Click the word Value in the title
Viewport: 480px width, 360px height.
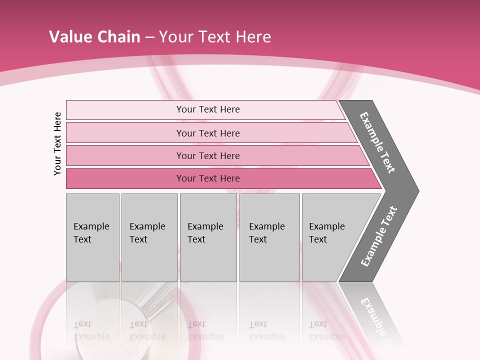click(69, 37)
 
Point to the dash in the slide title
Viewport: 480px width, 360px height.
click(149, 37)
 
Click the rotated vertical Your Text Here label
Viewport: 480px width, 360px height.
click(57, 143)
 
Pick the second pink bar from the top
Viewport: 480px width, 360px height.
click(207, 133)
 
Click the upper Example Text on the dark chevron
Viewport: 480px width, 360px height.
click(377, 142)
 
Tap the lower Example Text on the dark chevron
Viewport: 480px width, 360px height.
click(378, 236)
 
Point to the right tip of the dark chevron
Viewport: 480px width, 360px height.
click(417, 190)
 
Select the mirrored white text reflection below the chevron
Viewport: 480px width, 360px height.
click(375, 320)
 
